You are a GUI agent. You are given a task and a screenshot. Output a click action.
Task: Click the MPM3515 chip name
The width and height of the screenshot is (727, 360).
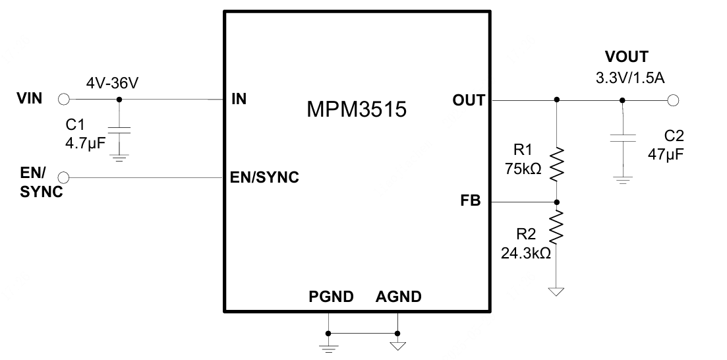(x=356, y=109)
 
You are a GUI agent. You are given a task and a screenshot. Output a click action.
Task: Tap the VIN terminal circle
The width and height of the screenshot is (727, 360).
(x=64, y=100)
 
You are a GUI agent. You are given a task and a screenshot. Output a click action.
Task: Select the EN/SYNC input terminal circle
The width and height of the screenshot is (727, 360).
(x=64, y=177)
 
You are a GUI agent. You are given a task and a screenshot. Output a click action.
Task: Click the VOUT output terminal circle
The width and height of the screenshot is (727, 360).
(x=672, y=100)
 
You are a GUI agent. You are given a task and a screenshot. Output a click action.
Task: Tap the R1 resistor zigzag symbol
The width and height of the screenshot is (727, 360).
(x=557, y=164)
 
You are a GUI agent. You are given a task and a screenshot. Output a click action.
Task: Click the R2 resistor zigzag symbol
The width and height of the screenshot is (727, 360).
(x=557, y=226)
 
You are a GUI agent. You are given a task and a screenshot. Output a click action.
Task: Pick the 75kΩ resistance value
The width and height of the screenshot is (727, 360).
(x=523, y=169)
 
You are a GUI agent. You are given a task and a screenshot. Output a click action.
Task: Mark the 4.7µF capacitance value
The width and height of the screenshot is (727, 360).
(x=84, y=142)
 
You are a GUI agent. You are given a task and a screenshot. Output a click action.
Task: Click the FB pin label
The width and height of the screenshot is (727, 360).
(x=471, y=201)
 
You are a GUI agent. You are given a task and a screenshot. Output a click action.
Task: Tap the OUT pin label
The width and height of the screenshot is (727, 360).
(x=469, y=100)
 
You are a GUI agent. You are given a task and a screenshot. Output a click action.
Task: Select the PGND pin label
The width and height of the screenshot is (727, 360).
(x=331, y=297)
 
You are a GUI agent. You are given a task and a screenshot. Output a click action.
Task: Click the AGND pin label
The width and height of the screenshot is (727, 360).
(x=398, y=297)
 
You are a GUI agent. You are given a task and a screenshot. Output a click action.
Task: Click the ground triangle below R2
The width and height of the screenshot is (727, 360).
(x=557, y=291)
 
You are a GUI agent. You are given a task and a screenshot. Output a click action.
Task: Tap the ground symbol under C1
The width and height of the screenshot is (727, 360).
(x=119, y=157)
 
